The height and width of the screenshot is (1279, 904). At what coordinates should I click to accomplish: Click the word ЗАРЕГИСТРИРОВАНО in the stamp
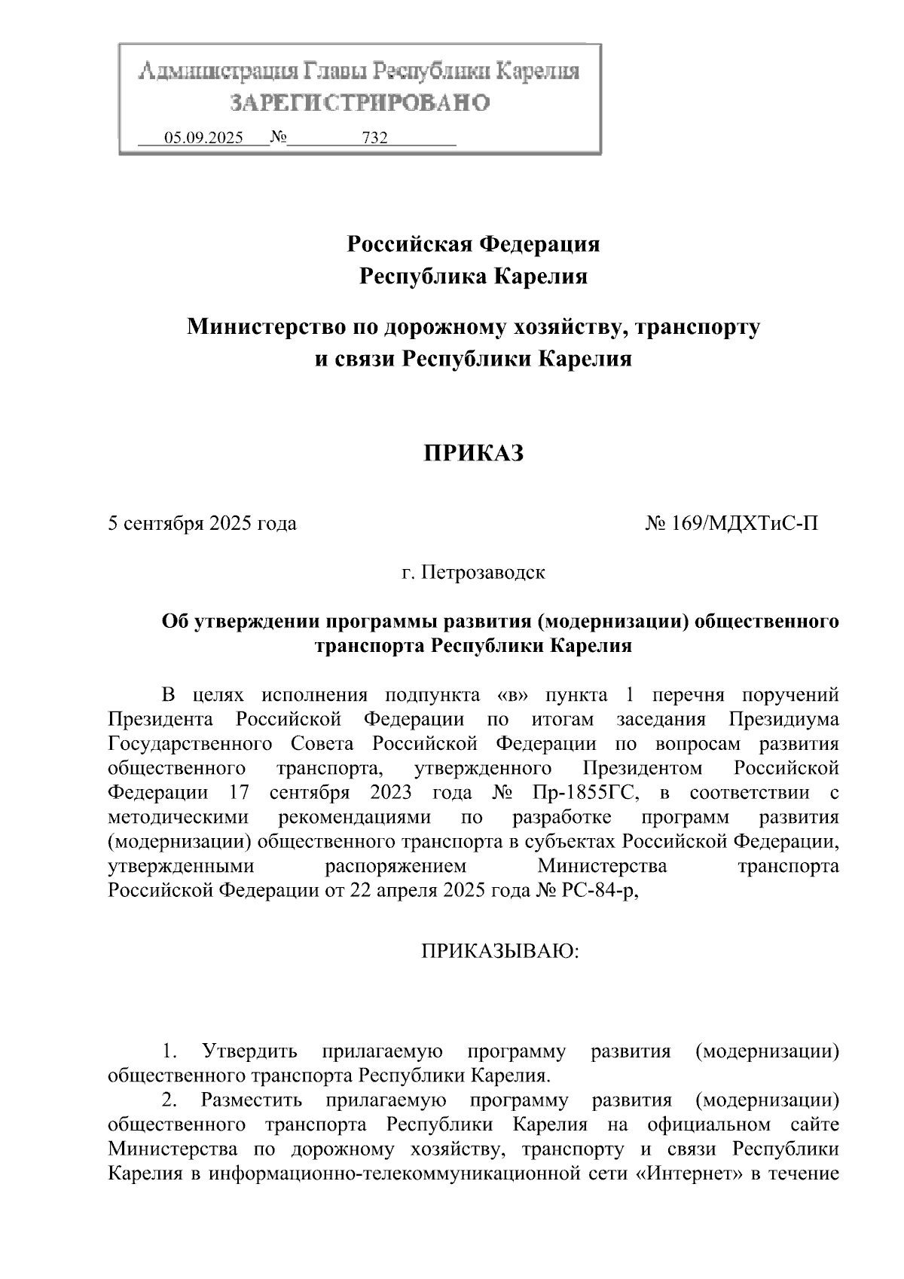(360, 103)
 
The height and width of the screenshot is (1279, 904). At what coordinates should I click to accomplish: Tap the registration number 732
(374, 138)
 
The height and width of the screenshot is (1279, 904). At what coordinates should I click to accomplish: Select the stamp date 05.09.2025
(204, 138)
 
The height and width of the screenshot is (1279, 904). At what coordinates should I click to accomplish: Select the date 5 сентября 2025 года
(203, 523)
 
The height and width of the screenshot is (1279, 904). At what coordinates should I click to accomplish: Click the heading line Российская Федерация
(473, 244)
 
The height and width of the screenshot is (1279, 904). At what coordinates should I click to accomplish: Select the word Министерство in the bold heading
(260, 327)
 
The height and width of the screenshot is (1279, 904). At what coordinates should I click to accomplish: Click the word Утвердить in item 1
(249, 1051)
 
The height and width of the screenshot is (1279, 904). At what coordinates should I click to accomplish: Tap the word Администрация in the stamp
(217, 72)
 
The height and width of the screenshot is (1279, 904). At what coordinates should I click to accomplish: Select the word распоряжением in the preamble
(395, 866)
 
